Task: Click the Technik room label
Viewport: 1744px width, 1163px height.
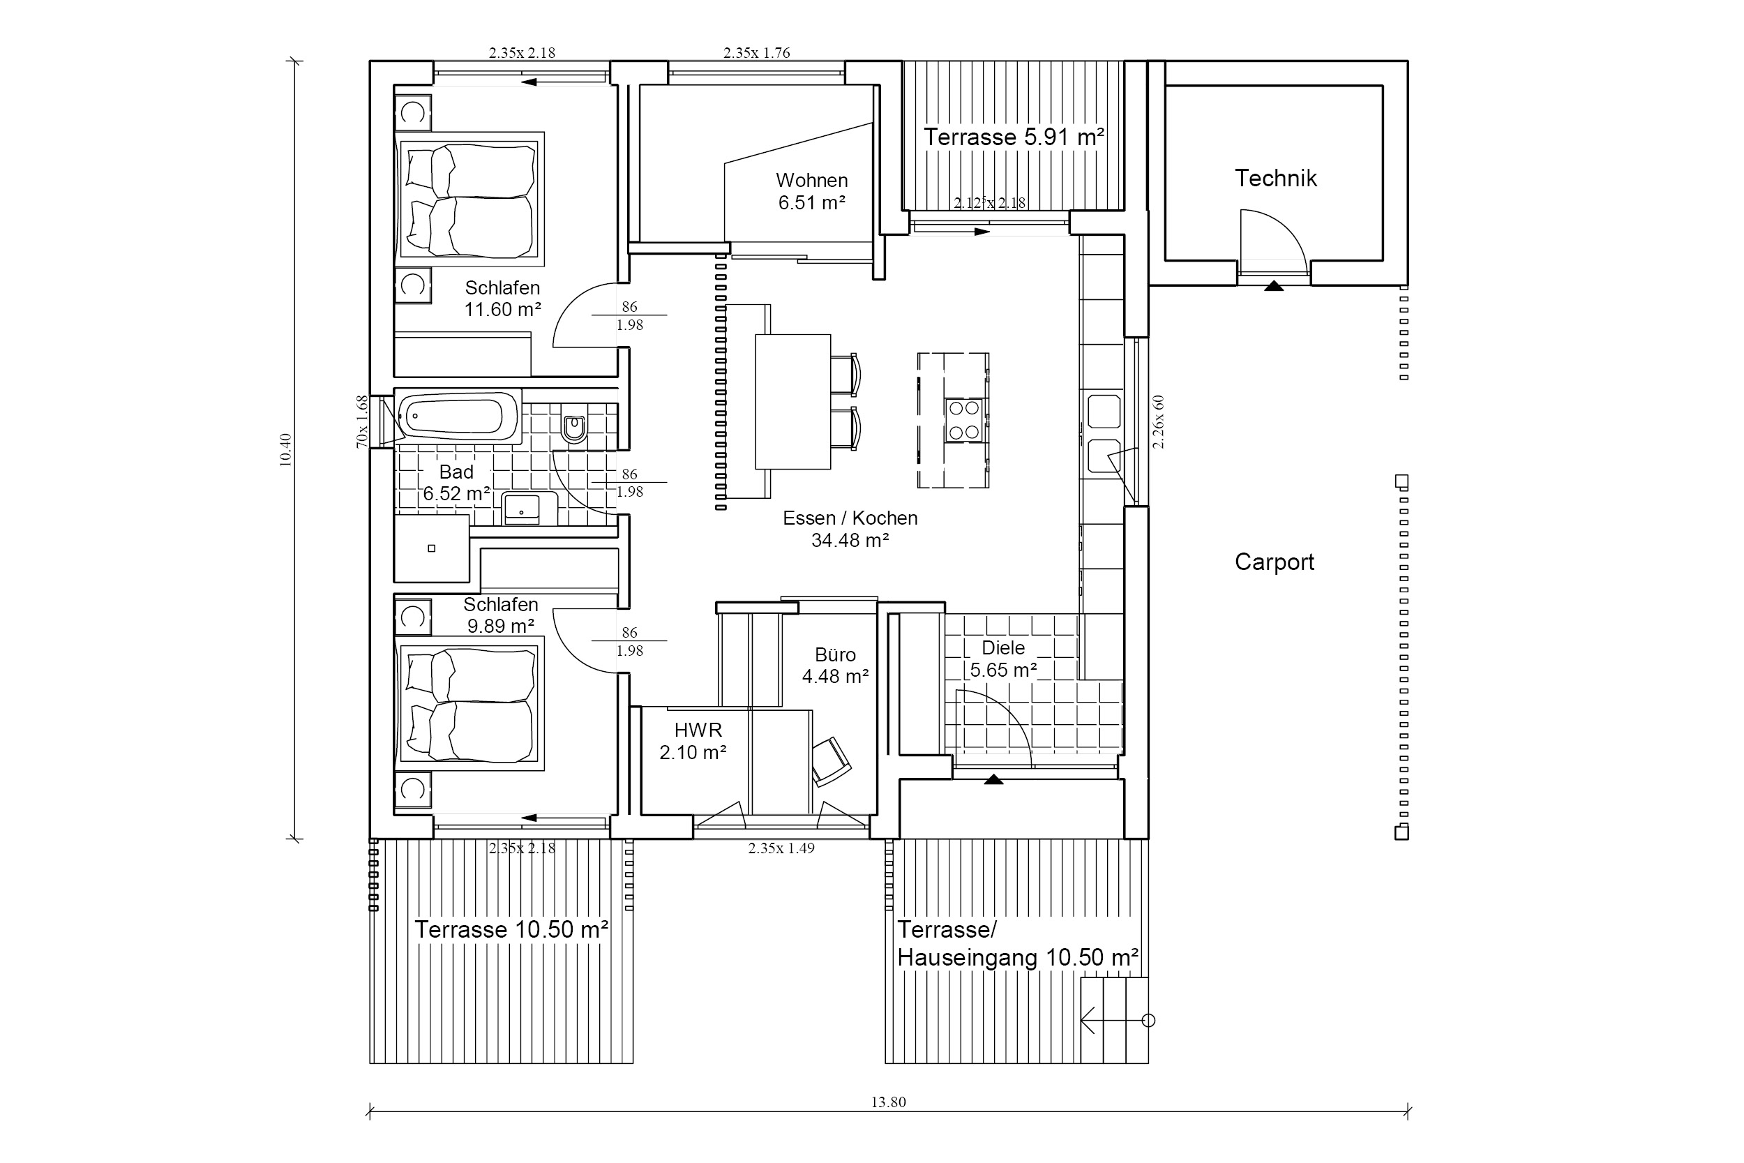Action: (x=1275, y=179)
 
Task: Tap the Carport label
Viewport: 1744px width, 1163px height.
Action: (x=1274, y=562)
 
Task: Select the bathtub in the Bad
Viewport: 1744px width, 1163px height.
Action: (x=458, y=417)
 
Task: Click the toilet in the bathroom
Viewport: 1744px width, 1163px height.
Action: (x=573, y=426)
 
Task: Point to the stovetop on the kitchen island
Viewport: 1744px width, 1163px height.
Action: (x=964, y=420)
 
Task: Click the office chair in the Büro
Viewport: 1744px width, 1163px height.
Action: (x=830, y=761)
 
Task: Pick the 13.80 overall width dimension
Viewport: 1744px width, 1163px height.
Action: (x=888, y=1102)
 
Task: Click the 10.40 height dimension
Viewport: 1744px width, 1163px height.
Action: (x=285, y=449)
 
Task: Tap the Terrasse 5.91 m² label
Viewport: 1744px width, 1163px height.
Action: (x=1014, y=137)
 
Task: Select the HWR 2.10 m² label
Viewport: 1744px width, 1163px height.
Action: (x=693, y=741)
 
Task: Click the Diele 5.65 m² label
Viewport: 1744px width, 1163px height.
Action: (x=1003, y=659)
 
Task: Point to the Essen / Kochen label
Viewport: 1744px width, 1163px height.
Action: (x=850, y=518)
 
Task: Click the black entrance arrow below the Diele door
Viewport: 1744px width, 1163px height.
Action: (x=993, y=779)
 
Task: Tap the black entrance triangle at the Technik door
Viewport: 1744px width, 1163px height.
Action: (x=1274, y=285)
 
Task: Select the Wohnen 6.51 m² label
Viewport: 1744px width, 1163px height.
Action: (x=812, y=191)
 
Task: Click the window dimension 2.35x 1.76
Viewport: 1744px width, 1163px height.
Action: (x=756, y=52)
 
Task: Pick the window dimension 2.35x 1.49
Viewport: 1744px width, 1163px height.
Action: (x=781, y=848)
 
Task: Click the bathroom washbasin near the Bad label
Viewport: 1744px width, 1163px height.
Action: (x=522, y=508)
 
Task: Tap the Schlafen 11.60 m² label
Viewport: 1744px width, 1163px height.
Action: (x=503, y=298)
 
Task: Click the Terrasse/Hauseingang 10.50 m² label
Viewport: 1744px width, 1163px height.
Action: (x=1017, y=943)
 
